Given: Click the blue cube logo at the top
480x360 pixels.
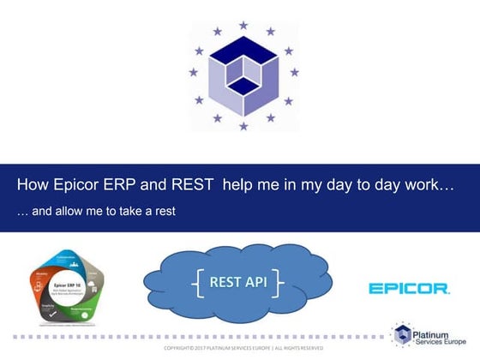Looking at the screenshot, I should click(243, 76).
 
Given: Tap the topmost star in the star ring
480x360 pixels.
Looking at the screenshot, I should click(243, 26).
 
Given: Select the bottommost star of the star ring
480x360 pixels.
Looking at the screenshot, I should click(243, 127).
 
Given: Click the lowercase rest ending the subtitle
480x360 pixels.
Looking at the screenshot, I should click(163, 209).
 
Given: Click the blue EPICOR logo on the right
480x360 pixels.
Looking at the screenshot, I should click(409, 289).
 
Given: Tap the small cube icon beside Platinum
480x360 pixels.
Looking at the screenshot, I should click(404, 335).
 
